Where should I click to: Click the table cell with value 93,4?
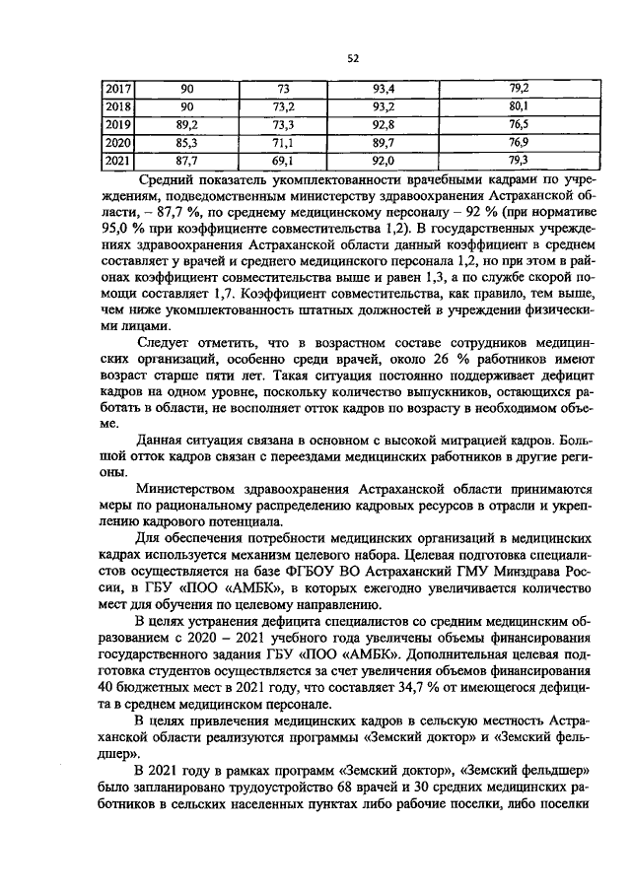tap(383, 90)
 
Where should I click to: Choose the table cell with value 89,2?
tap(186, 124)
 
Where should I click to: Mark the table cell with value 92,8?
tap(383, 124)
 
